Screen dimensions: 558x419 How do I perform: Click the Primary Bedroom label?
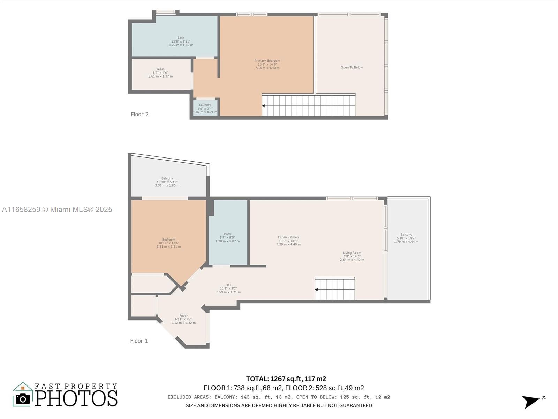(267, 64)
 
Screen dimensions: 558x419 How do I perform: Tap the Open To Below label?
(352, 67)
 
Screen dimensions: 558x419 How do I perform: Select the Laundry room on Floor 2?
(205, 108)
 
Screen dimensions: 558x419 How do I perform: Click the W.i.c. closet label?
(160, 73)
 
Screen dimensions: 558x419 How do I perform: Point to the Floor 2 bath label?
(181, 41)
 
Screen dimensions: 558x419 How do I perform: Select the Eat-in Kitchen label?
(288, 241)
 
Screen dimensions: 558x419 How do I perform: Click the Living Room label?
(352, 256)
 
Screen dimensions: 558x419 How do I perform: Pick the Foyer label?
(183, 319)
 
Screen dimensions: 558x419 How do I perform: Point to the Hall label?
(228, 288)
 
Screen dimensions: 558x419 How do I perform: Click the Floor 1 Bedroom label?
(169, 243)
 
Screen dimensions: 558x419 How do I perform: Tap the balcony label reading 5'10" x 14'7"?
(406, 238)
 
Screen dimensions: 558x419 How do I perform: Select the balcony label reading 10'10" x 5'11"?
(167, 182)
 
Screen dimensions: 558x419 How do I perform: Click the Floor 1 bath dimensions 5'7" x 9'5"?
(227, 238)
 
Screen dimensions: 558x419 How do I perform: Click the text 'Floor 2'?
(139, 115)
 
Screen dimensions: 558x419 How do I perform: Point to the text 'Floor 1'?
(139, 341)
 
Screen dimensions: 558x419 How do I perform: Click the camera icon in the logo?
(23, 399)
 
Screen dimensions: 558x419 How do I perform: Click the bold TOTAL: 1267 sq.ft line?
(286, 379)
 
